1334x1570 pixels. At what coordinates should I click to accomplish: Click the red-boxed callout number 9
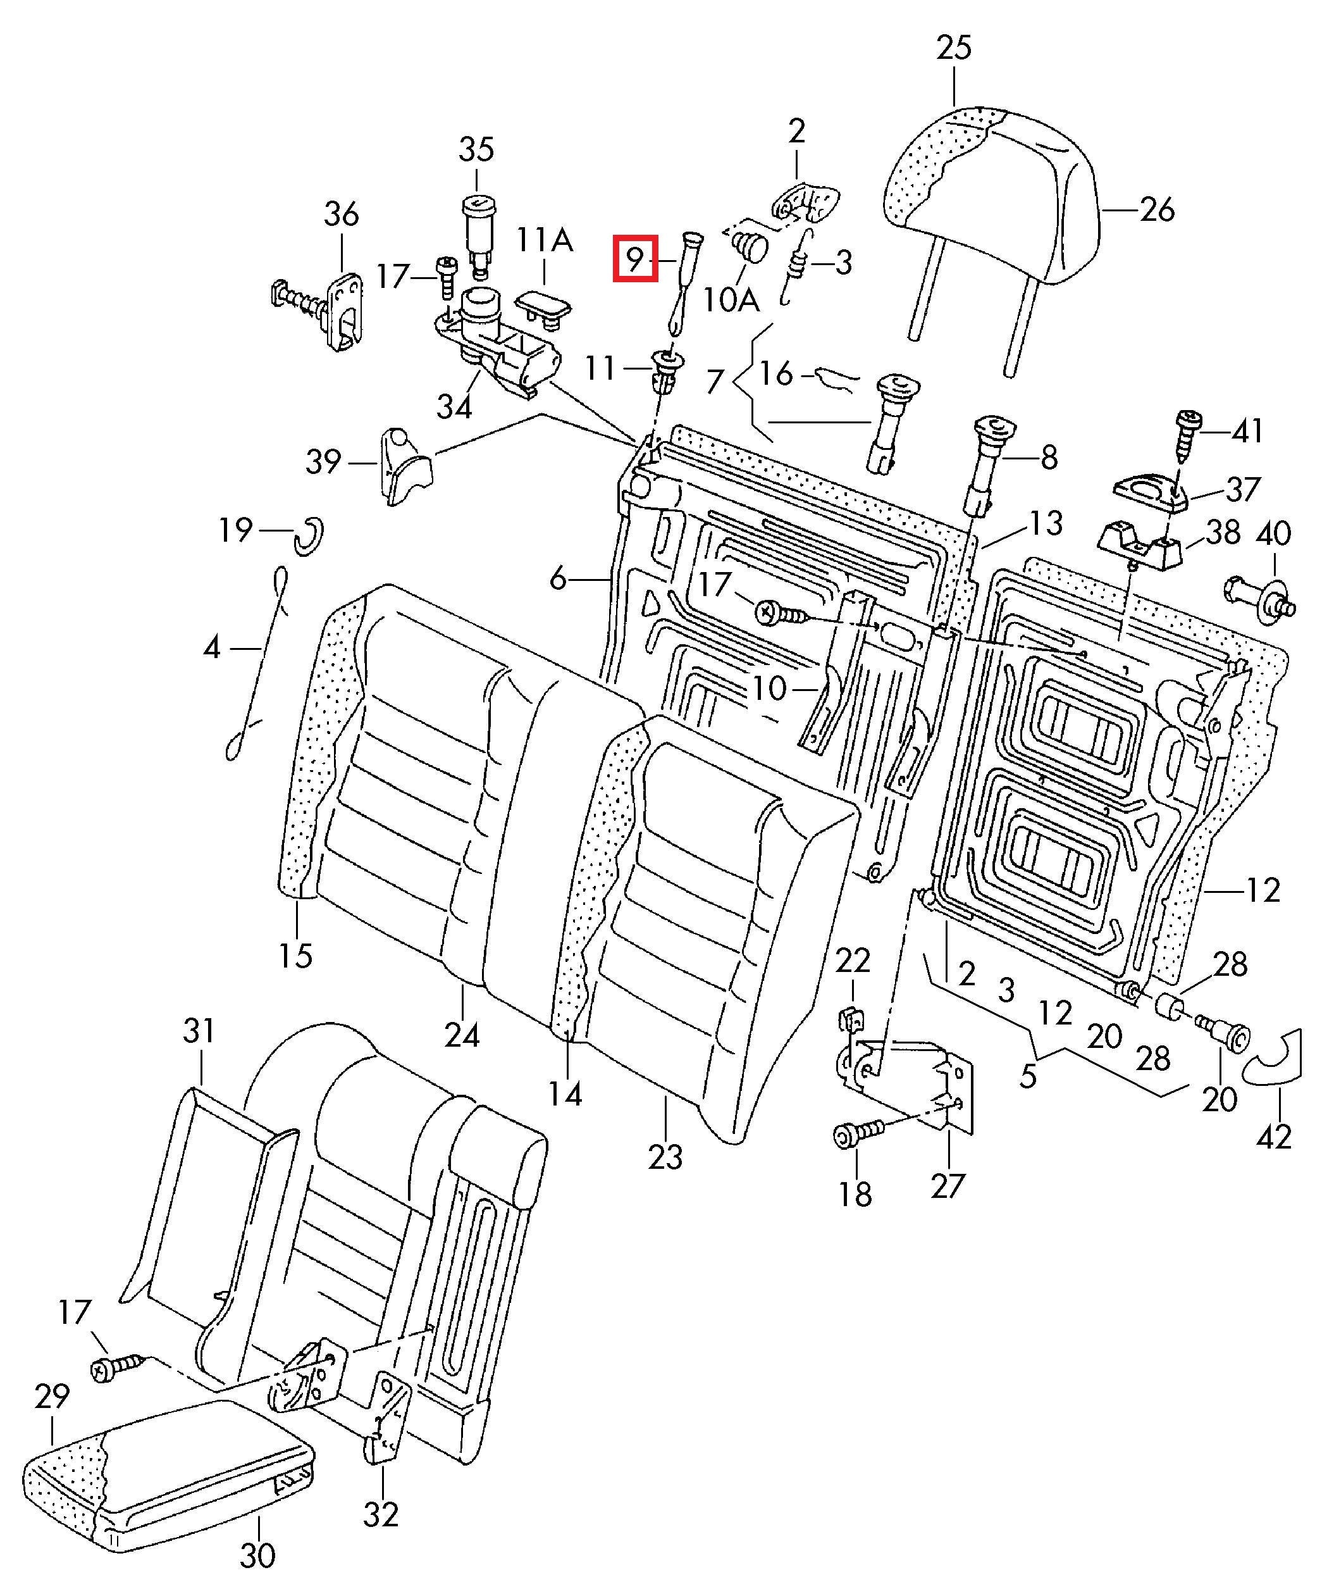point(635,259)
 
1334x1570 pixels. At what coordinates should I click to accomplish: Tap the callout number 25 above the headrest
point(954,47)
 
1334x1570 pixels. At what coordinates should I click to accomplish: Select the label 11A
point(545,240)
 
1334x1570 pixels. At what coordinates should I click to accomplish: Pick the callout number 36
point(341,215)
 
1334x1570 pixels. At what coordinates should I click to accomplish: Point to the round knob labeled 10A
point(750,246)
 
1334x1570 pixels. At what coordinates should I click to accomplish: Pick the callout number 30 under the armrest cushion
point(258,1550)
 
